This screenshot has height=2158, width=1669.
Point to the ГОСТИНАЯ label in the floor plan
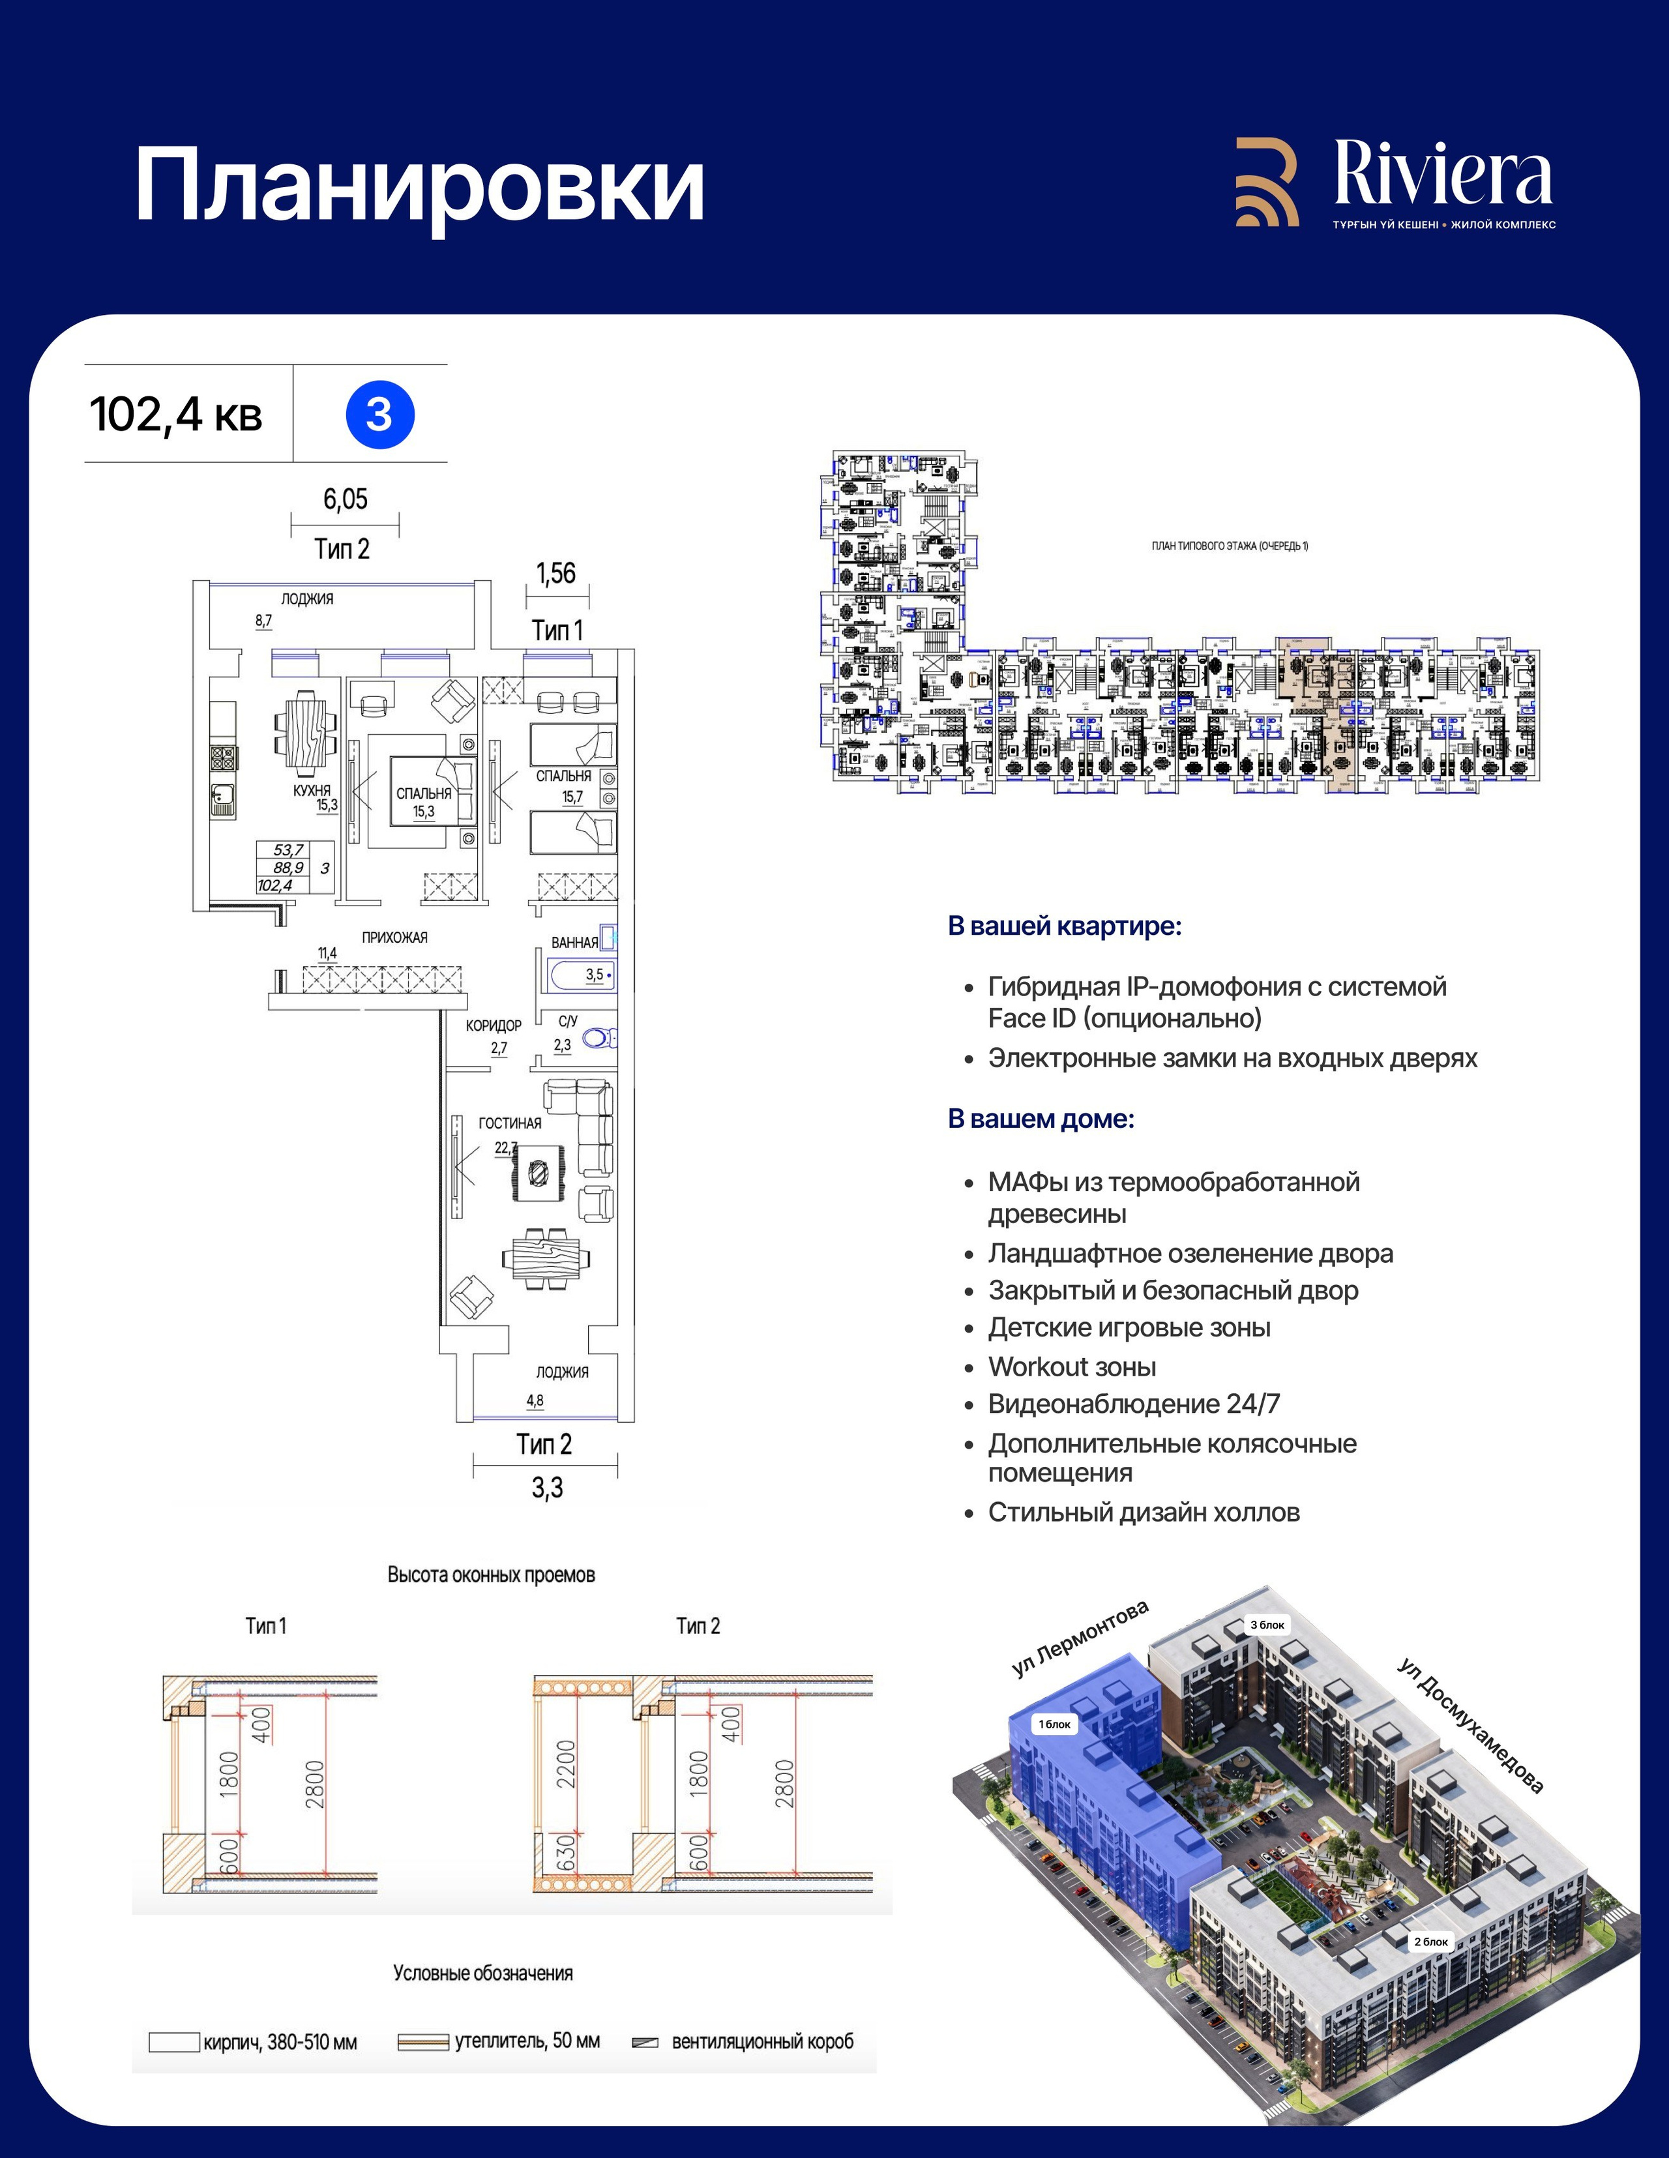[510, 1123]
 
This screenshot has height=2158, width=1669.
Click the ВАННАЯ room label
[574, 943]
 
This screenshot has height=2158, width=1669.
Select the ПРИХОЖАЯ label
[394, 938]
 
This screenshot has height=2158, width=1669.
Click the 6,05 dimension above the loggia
[345, 499]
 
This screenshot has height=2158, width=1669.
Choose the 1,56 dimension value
[555, 573]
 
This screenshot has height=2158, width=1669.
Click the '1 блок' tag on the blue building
[1054, 1724]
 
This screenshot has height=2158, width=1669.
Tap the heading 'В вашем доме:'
[1041, 1119]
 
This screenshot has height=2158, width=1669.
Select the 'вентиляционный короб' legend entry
[762, 2041]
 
